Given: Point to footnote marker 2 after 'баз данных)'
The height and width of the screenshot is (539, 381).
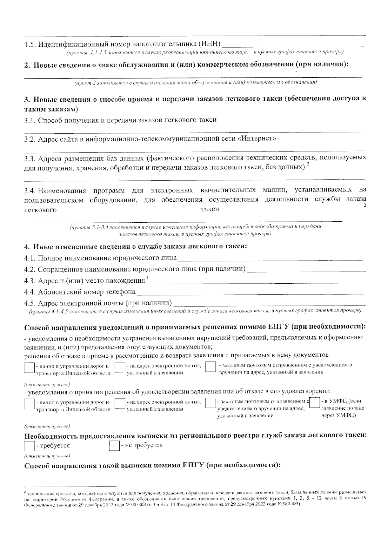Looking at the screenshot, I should click(308, 164).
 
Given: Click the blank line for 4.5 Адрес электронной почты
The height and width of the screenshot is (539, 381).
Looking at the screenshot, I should click(270, 302).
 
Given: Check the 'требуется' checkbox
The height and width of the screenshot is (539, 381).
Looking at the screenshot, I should click(29, 446).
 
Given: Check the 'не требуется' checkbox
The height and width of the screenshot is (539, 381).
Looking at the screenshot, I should click(114, 445).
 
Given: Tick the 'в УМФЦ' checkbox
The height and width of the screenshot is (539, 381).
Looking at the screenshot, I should click(315, 402).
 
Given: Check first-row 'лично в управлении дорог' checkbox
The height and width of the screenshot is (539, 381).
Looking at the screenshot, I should click(29, 368).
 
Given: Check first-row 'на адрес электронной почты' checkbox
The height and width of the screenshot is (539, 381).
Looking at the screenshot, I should click(119, 367).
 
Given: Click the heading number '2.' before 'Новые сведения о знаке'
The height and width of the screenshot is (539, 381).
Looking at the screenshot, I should click(28, 65).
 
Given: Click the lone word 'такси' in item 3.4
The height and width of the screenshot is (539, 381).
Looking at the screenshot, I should click(210, 209).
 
